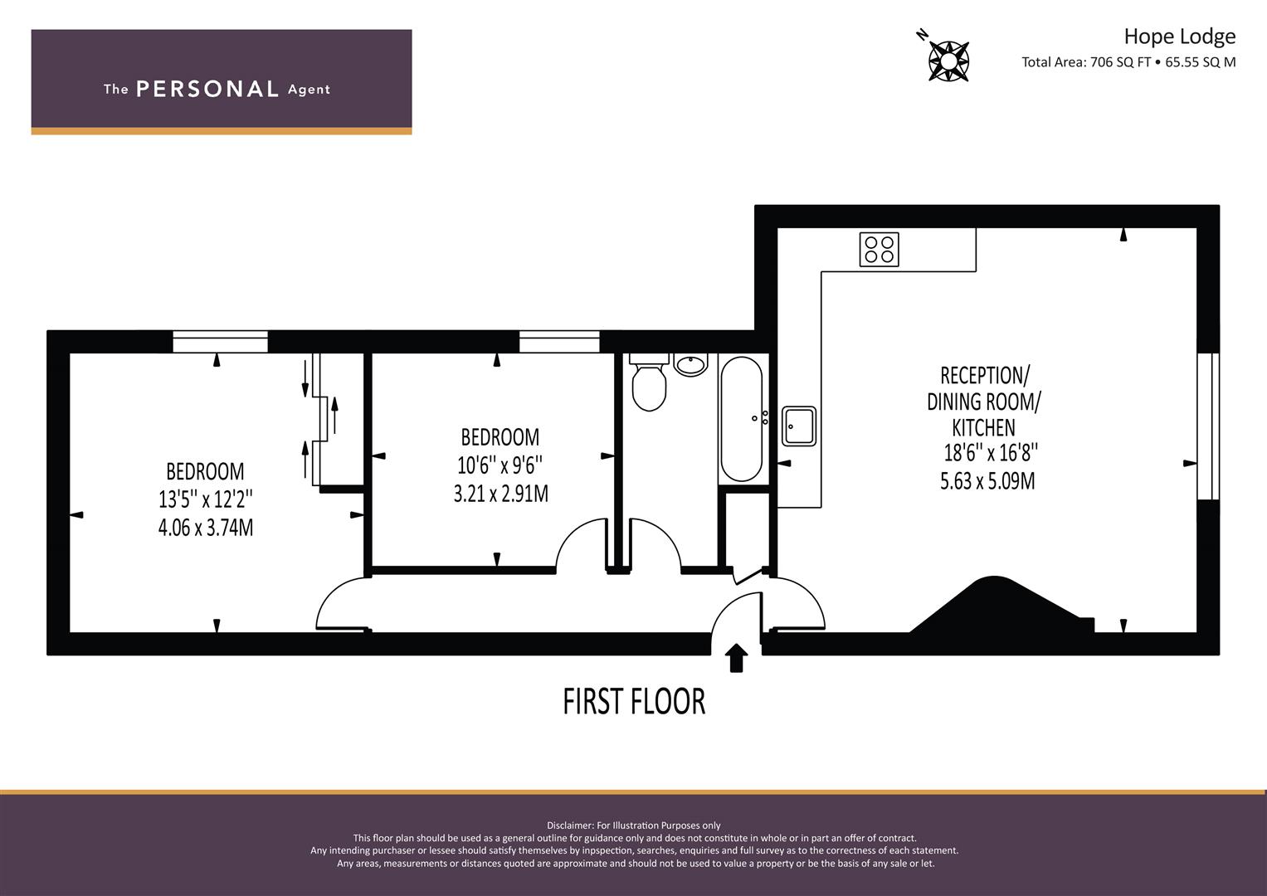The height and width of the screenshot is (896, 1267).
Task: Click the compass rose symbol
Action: (948, 60)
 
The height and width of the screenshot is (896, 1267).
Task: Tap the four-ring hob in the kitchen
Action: (879, 250)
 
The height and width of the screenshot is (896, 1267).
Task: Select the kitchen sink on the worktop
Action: (799, 426)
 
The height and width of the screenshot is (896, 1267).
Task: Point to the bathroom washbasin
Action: (690, 365)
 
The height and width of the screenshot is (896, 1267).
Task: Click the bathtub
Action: (741, 419)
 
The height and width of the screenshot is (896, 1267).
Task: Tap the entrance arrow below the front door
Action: (736, 658)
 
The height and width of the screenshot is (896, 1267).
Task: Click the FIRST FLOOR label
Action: (634, 701)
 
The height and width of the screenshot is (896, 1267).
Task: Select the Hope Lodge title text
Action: (1179, 37)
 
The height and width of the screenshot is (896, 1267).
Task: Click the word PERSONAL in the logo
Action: (207, 89)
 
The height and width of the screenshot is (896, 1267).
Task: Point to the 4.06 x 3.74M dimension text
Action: (205, 528)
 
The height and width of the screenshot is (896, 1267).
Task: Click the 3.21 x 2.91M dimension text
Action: (500, 494)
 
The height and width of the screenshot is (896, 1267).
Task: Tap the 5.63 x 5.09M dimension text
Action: (987, 481)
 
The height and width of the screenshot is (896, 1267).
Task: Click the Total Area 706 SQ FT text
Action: (1086, 62)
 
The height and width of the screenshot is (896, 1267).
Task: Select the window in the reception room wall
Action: (1208, 426)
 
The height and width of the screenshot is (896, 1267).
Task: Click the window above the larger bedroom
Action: (220, 342)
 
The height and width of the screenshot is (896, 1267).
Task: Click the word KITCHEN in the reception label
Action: (983, 427)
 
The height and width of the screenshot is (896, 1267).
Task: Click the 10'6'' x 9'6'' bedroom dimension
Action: (499, 465)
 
